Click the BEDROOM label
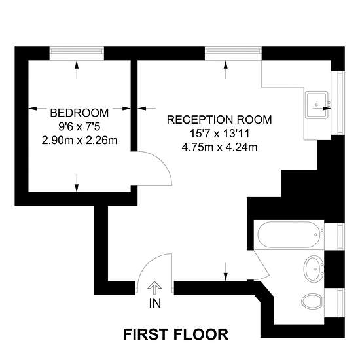[79, 113]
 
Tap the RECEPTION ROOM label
[219, 120]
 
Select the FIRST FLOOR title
[176, 334]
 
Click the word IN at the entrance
[155, 304]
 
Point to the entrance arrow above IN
[154, 288]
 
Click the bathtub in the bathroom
[291, 234]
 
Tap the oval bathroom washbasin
[314, 268]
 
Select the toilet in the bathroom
[312, 302]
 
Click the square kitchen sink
[316, 105]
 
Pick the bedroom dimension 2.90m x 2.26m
[79, 141]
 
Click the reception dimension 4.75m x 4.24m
[219, 147]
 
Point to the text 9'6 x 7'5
[79, 126]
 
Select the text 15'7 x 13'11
[219, 134]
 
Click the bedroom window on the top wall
[77, 54]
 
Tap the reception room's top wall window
[233, 54]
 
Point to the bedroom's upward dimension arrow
[77, 69]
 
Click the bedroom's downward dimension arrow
[77, 183]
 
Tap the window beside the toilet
[341, 303]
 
